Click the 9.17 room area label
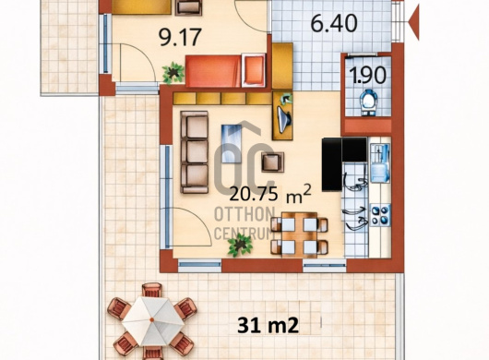point(180,37)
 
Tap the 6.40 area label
point(334,24)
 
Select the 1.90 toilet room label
point(368,76)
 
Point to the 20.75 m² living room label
point(270,194)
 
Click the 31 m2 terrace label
point(268,325)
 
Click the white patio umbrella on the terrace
point(152,320)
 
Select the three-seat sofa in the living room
point(195,152)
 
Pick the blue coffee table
point(232,143)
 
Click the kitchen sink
point(380,163)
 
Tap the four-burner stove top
point(380,215)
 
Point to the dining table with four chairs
point(299,234)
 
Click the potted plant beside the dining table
point(240,245)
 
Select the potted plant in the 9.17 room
point(173,73)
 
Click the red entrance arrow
point(413,22)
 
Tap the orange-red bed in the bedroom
point(225,71)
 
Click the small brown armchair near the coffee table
point(272,162)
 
